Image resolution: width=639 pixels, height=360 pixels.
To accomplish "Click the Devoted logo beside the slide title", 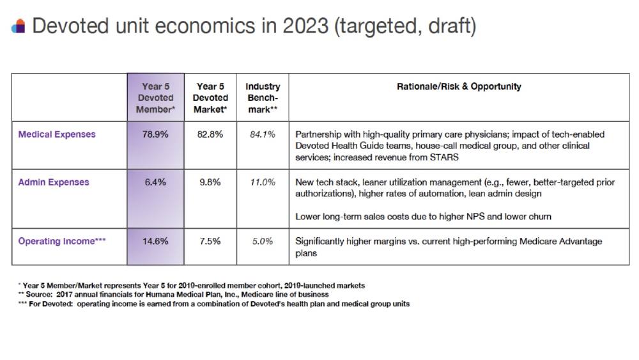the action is coord(19,26).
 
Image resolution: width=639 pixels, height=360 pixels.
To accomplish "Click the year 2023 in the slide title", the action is coord(305,26).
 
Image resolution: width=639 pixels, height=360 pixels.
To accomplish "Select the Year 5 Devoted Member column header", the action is coord(156,98).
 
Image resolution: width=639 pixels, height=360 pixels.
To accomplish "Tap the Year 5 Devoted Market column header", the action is coord(210,98).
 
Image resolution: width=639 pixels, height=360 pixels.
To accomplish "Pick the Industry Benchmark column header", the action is coord(263,98).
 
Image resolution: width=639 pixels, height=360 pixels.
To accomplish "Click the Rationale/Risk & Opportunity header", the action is coord(459,86).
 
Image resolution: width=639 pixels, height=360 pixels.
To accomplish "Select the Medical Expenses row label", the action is coord(57,134).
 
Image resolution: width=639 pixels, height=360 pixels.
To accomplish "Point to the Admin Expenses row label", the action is coord(54,182).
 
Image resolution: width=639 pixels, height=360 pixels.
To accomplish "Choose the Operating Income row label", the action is coord(62,241).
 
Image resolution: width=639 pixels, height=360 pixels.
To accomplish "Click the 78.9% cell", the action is coord(155,134).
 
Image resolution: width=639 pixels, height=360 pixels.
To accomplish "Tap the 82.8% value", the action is coord(210,134).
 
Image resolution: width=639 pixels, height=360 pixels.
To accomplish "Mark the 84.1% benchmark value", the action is coord(263,134).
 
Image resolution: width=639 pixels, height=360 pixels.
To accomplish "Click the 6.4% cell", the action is coord(155,182).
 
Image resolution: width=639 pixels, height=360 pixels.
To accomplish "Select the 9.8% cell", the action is coord(210,182).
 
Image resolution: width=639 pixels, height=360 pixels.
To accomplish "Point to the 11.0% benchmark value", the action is coord(263,182).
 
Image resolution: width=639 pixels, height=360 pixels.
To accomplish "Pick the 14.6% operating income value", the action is coord(155,241).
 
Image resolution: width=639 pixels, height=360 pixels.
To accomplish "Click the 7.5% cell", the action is coord(210,241).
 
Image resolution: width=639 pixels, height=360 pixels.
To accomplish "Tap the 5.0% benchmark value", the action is coord(263,241).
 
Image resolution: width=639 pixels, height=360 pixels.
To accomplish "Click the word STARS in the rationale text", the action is coord(444,157).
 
